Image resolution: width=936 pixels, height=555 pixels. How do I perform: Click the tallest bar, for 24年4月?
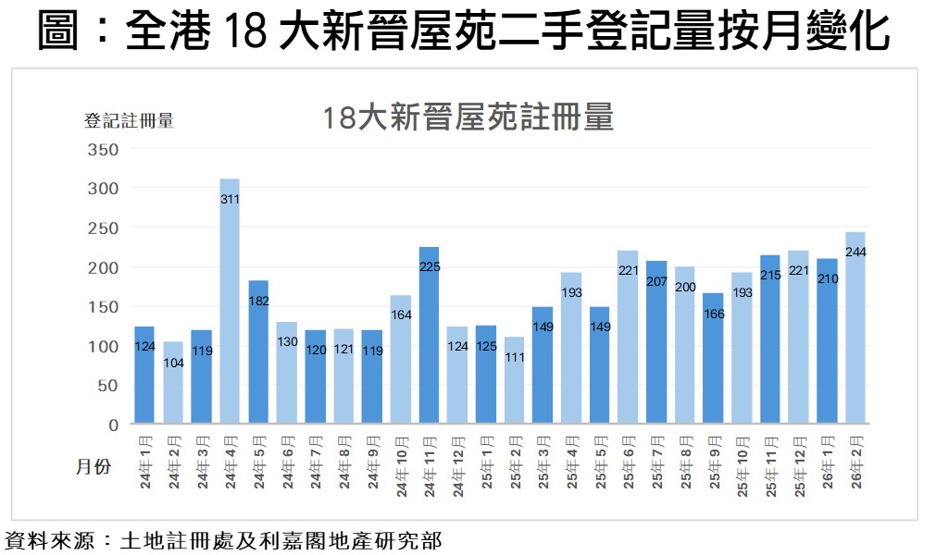[x=230, y=305]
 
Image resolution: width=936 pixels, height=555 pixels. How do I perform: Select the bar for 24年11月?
[x=429, y=342]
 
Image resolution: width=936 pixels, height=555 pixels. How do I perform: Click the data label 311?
[x=230, y=199]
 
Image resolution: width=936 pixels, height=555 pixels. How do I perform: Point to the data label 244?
[x=855, y=252]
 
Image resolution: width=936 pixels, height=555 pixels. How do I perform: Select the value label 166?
[x=713, y=313]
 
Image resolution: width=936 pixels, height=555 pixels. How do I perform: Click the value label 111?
[x=514, y=357]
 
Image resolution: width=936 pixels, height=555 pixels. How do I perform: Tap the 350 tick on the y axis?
[x=103, y=150]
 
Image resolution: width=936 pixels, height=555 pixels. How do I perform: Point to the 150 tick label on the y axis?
[x=103, y=307]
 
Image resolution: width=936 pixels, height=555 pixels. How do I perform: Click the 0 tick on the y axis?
[x=113, y=425]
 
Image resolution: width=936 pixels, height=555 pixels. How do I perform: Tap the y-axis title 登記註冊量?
[x=129, y=120]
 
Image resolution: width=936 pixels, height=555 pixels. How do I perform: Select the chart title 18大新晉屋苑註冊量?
[x=468, y=118]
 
